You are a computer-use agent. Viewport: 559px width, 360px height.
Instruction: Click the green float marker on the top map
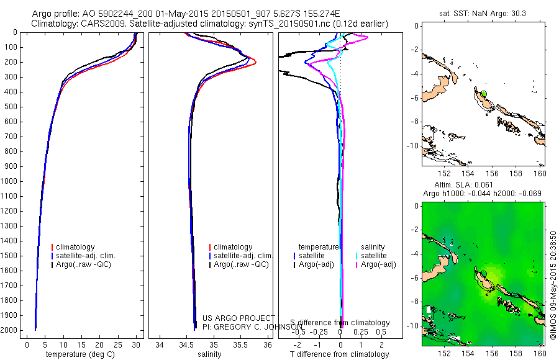[x=484, y=94]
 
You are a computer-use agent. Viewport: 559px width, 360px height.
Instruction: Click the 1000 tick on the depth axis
[x=12, y=181]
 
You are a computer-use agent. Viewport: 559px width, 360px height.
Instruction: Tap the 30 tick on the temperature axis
[x=137, y=344]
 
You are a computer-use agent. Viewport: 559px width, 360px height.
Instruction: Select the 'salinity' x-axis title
[x=210, y=354]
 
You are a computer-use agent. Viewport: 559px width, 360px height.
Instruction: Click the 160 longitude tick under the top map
[x=540, y=174]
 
